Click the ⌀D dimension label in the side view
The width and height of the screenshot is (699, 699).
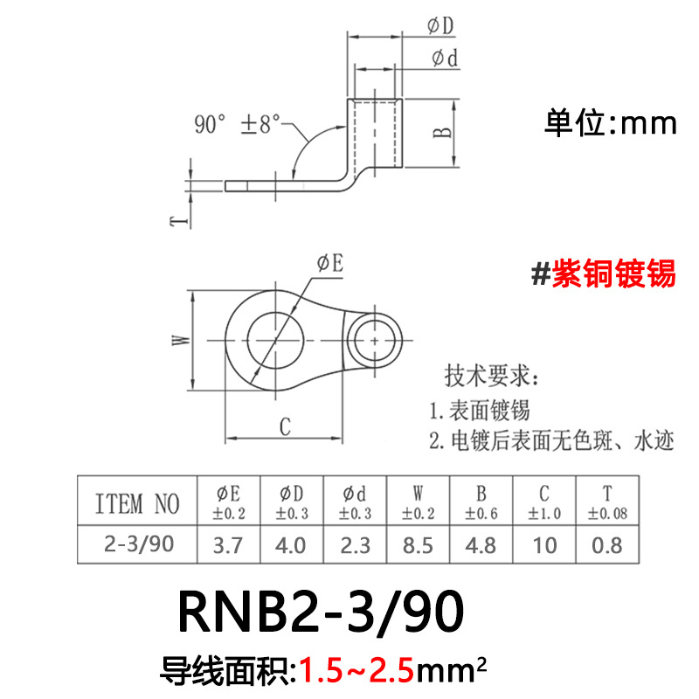point(440,27)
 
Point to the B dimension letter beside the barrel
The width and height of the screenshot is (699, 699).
point(444,132)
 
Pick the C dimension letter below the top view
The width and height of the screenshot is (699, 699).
point(284,426)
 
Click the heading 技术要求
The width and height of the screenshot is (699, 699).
point(493,377)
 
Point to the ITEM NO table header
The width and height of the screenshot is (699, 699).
point(136,503)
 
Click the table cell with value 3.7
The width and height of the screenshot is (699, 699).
point(229,545)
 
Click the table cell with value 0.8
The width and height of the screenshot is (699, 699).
point(608,545)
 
